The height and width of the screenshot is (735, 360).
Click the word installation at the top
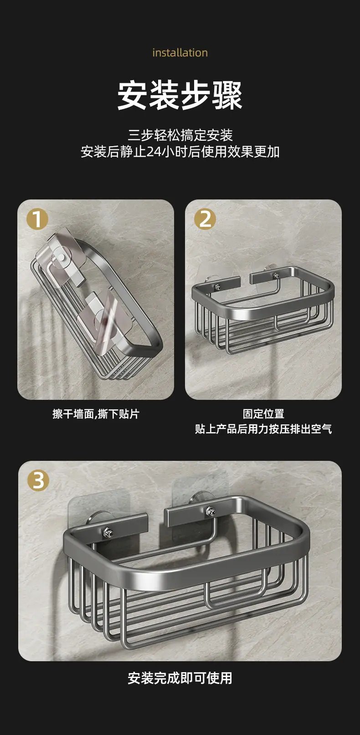(180, 52)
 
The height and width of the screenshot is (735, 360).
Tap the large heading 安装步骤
(180, 95)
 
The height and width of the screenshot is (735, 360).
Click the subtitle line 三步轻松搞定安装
(180, 135)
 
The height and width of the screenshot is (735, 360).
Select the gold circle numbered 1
(37, 219)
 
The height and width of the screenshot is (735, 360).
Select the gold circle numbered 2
(205, 219)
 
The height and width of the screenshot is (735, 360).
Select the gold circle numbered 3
(38, 480)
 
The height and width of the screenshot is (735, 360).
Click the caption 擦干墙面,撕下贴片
(96, 414)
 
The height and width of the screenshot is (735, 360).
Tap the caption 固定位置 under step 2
(263, 413)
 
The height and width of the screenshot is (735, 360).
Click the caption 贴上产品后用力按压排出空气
(263, 429)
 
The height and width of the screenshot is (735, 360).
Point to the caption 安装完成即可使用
(180, 678)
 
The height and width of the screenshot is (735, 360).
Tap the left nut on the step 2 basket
(217, 287)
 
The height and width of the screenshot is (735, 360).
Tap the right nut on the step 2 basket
(277, 275)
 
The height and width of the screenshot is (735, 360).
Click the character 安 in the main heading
(132, 95)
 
